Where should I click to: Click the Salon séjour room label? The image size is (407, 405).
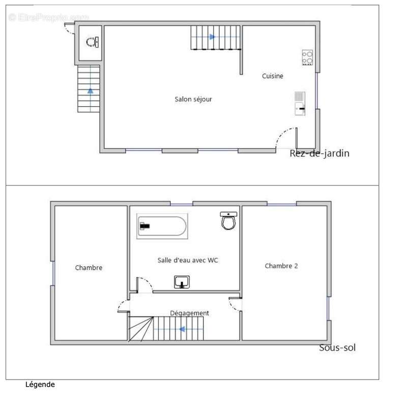pyautogui.click(x=193, y=99)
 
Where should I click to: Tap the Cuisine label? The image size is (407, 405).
pyautogui.click(x=272, y=76)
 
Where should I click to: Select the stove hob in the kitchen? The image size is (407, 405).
pyautogui.click(x=307, y=57)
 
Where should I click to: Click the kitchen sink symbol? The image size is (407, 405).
pyautogui.click(x=300, y=104)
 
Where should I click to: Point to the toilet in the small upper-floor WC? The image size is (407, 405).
pyautogui.click(x=93, y=42)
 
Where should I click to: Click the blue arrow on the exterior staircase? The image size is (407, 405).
pyautogui.click(x=90, y=91)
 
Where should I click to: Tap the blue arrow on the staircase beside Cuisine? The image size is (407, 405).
pyautogui.click(x=212, y=37)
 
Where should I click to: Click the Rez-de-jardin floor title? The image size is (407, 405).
pyautogui.click(x=319, y=153)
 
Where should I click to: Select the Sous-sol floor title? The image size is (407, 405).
pyautogui.click(x=337, y=348)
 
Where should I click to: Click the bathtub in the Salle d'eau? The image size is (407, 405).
pyautogui.click(x=162, y=226)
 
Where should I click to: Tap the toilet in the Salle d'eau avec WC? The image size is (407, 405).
pyautogui.click(x=228, y=221)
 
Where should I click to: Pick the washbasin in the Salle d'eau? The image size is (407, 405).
pyautogui.click(x=182, y=282)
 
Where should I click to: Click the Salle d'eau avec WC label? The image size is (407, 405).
pyautogui.click(x=188, y=260)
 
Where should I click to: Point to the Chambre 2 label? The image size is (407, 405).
pyautogui.click(x=281, y=266)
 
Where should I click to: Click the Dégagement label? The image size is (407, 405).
pyautogui.click(x=189, y=313)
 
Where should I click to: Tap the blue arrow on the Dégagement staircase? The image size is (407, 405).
pyautogui.click(x=183, y=329)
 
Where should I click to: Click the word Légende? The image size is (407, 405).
pyautogui.click(x=40, y=385)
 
